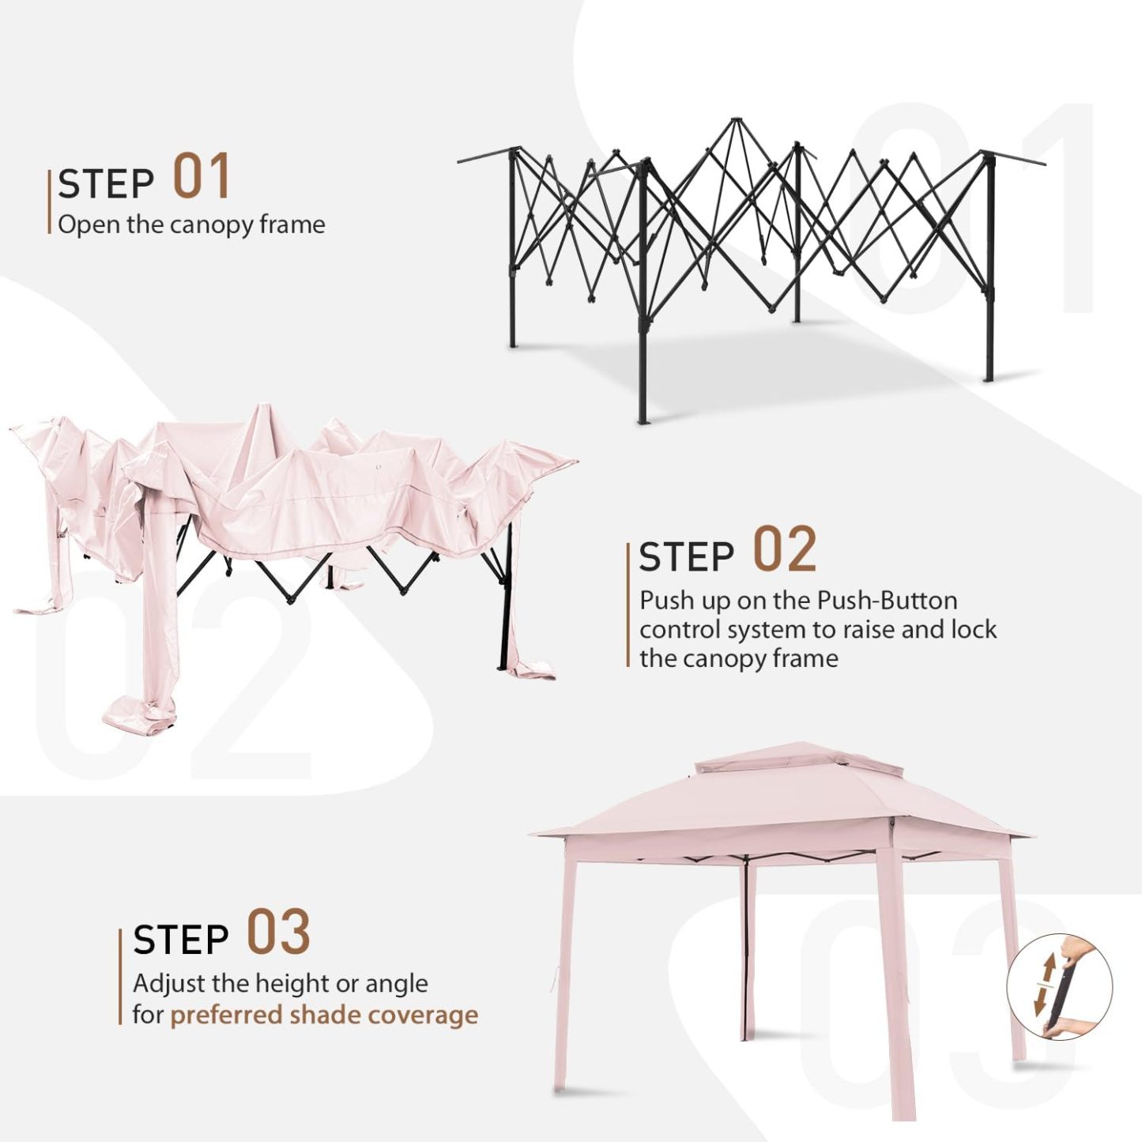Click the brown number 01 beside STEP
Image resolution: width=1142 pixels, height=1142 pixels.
pyautogui.click(x=201, y=175)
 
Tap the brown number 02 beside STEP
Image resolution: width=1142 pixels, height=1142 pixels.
pyautogui.click(x=785, y=550)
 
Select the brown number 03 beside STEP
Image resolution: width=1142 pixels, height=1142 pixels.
pyautogui.click(x=278, y=933)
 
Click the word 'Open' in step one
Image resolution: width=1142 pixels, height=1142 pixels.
pyautogui.click(x=81, y=226)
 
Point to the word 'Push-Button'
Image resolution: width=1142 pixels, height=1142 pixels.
pyautogui.click(x=888, y=601)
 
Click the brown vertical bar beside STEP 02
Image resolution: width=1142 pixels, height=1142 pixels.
pyautogui.click(x=628, y=605)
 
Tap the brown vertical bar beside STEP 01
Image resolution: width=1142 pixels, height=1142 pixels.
pyautogui.click(x=49, y=202)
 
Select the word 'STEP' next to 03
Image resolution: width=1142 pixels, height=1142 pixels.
pyautogui.click(x=181, y=939)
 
